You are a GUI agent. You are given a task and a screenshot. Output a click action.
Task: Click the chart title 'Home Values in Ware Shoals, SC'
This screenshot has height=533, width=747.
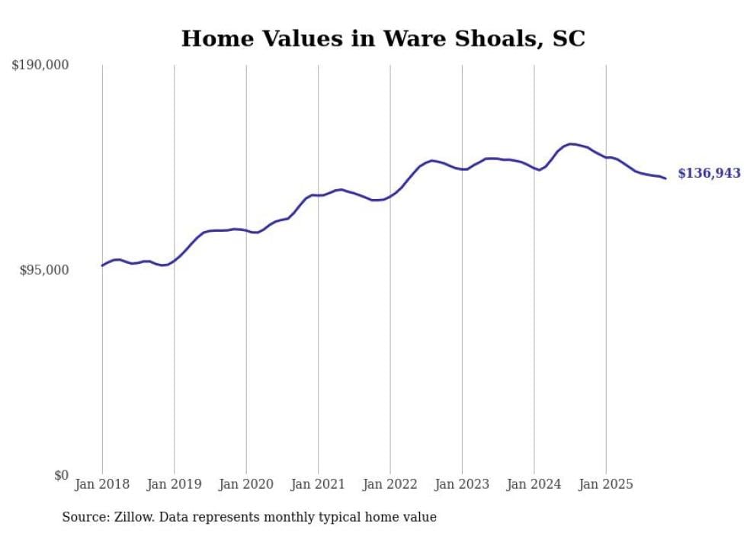383,39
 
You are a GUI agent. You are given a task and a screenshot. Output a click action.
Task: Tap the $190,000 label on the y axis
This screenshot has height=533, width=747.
40,65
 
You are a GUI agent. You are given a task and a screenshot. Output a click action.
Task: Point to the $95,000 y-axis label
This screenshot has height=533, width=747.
43,270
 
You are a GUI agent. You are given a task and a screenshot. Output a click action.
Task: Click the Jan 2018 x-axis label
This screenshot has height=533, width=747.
102,484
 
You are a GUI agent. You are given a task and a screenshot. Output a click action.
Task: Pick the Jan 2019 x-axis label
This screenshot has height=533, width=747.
174,484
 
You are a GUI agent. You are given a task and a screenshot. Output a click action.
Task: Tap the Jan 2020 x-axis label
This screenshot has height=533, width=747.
246,484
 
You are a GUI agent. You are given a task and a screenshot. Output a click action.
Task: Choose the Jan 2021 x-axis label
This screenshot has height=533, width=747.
318,484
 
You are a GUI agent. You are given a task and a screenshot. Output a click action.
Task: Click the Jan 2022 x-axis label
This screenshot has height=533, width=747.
390,484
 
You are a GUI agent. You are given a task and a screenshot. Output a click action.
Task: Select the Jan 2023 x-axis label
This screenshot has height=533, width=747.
462,484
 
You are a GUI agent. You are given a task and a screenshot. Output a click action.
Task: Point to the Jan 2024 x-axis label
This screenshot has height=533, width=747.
534,484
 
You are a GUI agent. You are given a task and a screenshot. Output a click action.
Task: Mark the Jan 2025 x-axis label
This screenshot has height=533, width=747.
606,484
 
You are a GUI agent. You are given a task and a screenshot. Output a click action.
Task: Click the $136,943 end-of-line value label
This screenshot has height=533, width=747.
709,174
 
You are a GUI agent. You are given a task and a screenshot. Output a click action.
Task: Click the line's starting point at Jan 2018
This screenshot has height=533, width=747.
102,265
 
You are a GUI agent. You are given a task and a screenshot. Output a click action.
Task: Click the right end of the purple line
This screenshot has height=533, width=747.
665,178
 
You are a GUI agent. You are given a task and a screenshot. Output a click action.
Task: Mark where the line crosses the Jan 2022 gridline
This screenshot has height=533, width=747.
390,196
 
